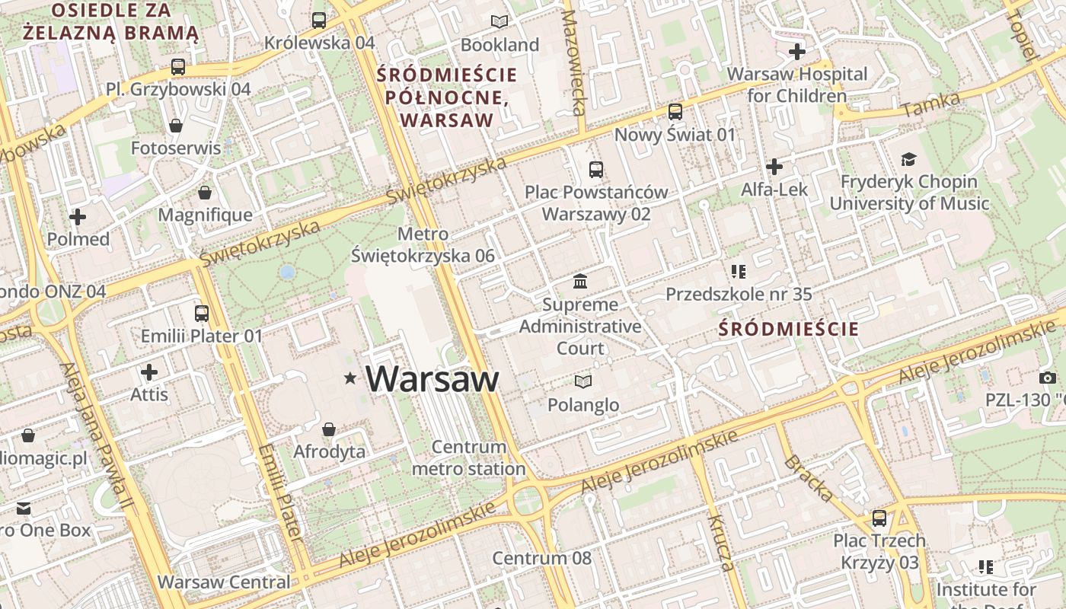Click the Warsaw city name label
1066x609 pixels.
coord(432,379)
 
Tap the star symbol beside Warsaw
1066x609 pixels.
coord(350,378)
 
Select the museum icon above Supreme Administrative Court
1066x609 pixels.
coord(581,282)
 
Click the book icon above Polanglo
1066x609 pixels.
coord(583,381)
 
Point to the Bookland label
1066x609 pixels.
coord(499,45)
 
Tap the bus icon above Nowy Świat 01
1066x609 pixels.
coord(675,112)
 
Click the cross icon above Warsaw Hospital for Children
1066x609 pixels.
coord(797,52)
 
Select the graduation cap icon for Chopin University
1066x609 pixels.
coord(908,159)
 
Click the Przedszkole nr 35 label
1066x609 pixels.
coord(739,294)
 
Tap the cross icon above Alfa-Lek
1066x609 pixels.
coord(774,167)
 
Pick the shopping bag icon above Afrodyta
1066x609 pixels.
coord(329,430)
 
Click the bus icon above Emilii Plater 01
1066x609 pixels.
coord(202,313)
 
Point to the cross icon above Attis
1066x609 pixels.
coord(149,372)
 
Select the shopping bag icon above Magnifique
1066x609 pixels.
coord(204,193)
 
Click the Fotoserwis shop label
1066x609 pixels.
coord(176,148)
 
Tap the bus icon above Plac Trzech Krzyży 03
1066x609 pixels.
coord(879,518)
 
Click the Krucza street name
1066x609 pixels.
coord(720,542)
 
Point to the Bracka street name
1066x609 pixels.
coord(808,479)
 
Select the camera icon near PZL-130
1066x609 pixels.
coord(1047,378)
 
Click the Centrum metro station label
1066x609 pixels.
coord(468,458)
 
